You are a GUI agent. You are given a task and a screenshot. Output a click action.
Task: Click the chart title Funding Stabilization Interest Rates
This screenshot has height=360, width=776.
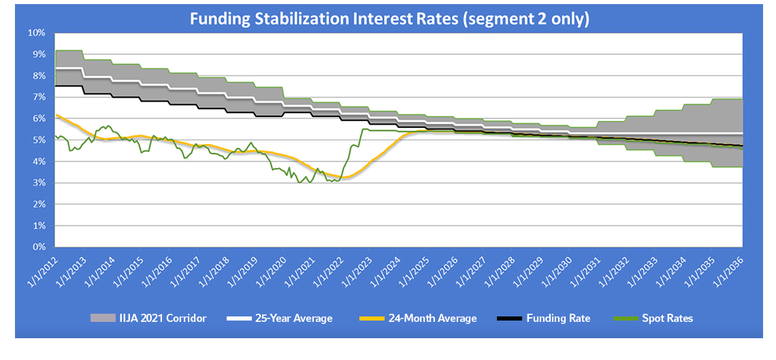(x=389, y=19)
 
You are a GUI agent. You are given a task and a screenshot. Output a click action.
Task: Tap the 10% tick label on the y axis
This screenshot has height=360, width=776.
(x=36, y=33)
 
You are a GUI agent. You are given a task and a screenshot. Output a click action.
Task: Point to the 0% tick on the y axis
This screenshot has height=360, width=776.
(x=39, y=247)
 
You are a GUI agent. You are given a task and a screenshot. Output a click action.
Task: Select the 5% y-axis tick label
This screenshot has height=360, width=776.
(x=39, y=140)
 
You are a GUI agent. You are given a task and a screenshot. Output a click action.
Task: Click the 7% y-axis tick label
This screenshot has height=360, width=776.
(x=39, y=97)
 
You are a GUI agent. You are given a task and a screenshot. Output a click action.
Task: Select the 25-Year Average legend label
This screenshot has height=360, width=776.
(x=293, y=318)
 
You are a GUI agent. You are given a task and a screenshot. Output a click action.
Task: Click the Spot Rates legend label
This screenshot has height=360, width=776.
(x=666, y=318)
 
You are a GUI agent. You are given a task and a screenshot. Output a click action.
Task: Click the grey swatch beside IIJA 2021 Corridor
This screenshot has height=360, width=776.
(x=103, y=318)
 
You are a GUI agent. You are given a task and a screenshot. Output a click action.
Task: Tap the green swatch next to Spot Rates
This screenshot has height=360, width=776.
(x=626, y=318)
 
